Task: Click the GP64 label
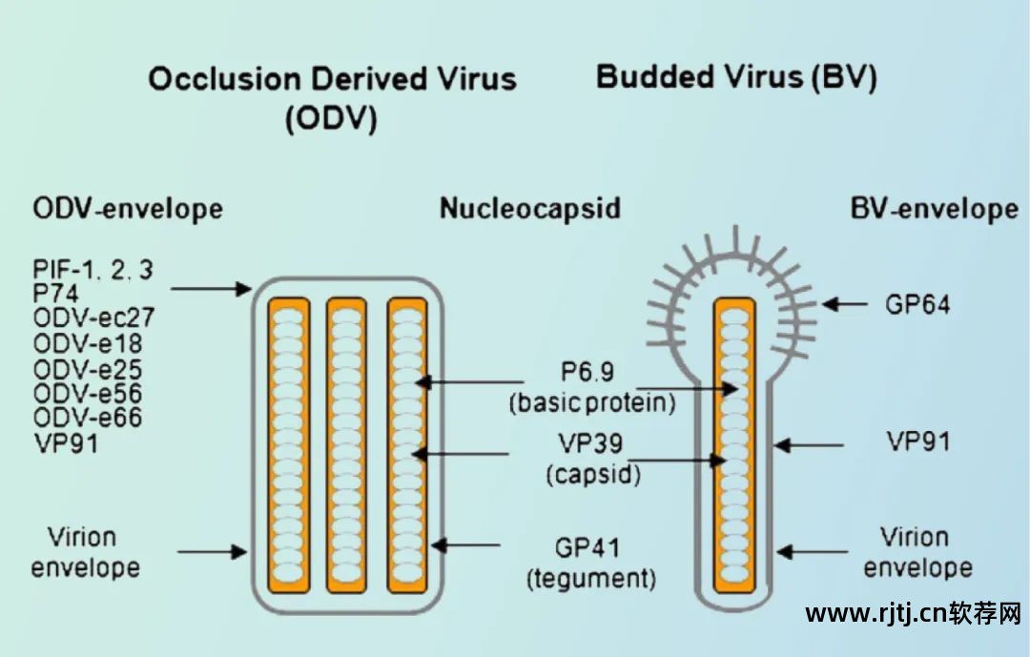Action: point(918,304)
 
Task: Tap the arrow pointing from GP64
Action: point(845,304)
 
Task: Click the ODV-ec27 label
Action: point(93,318)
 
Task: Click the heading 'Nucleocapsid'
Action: point(529,208)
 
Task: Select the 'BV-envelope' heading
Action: point(934,208)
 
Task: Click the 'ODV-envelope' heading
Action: point(128,208)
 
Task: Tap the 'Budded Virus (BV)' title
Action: point(736,77)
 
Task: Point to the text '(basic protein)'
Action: point(591,403)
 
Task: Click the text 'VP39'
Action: point(591,444)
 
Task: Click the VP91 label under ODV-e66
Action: point(66,443)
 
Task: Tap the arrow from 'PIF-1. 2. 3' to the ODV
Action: point(213,287)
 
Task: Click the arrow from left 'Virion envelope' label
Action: point(212,551)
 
